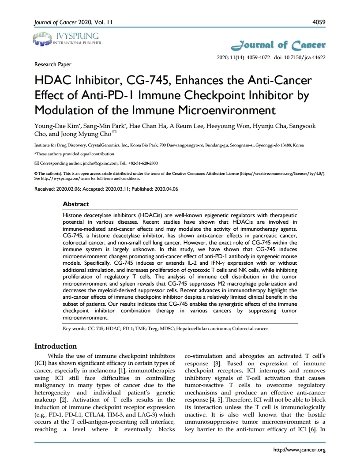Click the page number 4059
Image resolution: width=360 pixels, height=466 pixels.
[319, 22]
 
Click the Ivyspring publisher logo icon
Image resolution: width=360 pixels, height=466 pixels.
[42, 39]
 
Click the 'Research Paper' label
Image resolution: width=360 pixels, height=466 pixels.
[52, 64]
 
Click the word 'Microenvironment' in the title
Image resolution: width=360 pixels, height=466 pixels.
[225, 109]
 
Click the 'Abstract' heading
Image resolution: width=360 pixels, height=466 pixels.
[76, 204]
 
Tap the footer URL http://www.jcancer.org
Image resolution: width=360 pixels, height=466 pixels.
[300, 450]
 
